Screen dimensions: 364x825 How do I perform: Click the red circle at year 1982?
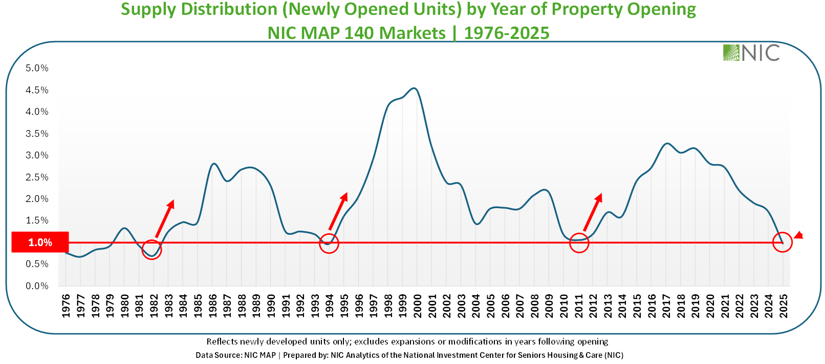click(151, 249)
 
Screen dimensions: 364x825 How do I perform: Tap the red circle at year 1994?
click(329, 244)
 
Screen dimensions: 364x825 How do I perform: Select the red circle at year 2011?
click(579, 242)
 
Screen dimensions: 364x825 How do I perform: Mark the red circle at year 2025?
click(782, 242)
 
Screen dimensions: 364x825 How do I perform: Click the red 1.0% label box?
click(40, 242)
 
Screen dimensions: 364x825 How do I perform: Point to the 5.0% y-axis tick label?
click(37, 68)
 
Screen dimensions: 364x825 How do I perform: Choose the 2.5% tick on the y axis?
click(37, 177)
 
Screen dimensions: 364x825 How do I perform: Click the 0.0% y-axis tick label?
click(37, 286)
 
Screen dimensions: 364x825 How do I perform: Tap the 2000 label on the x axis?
click(418, 306)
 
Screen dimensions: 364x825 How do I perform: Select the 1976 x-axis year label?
click(66, 306)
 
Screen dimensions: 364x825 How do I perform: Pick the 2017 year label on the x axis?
click(667, 306)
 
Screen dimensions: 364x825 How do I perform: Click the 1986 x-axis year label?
click(212, 306)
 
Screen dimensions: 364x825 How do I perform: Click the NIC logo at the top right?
click(751, 52)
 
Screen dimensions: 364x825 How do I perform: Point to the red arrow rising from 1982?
click(165, 218)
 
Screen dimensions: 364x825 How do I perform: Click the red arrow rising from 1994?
click(338, 211)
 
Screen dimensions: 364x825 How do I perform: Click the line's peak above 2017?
click(666, 144)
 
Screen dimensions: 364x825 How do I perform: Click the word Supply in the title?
click(148, 9)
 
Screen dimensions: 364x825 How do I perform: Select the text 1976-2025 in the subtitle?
click(507, 33)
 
